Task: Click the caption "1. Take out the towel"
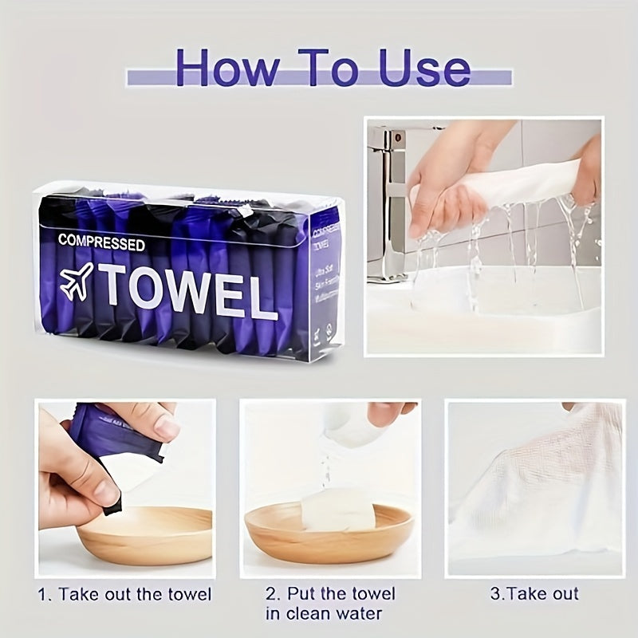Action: click(125, 594)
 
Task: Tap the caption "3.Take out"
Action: click(534, 594)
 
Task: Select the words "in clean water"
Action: click(324, 614)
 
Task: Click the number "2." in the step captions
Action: click(272, 594)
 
